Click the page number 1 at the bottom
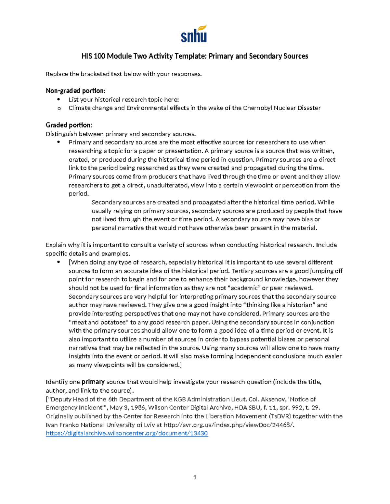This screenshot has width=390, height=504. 195,477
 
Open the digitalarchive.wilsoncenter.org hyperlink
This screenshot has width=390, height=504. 127,433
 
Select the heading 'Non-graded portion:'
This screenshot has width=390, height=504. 75,91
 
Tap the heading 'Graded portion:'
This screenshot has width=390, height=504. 69,125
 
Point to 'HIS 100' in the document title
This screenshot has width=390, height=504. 93,56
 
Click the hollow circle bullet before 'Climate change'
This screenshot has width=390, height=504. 59,108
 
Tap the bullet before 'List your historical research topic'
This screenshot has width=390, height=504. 59,99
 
